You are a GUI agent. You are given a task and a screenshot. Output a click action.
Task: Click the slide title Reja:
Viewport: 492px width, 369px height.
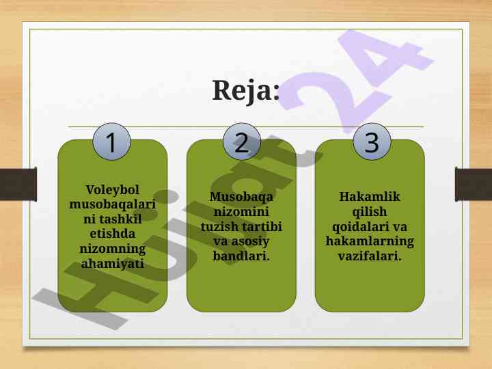click(x=246, y=91)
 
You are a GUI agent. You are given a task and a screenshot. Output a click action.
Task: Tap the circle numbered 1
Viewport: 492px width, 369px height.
click(x=111, y=142)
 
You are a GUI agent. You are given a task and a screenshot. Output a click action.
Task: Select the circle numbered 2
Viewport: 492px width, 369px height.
click(x=242, y=142)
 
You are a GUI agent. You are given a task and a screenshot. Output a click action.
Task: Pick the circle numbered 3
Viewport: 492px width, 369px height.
click(x=372, y=142)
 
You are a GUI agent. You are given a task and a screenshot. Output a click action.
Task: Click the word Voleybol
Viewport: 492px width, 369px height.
click(x=112, y=190)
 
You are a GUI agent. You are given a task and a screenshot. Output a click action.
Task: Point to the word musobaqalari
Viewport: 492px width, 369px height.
click(x=112, y=204)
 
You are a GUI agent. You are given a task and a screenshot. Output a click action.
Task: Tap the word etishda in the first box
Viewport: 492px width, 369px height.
click(x=112, y=234)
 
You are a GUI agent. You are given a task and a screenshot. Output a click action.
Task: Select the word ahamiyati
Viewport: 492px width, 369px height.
click(x=112, y=264)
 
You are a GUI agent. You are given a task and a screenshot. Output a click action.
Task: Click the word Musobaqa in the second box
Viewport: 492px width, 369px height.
click(x=241, y=197)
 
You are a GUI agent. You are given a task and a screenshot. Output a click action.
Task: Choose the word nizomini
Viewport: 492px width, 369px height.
click(x=241, y=211)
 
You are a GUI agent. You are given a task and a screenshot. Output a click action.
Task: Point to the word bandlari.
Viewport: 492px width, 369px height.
click(x=241, y=256)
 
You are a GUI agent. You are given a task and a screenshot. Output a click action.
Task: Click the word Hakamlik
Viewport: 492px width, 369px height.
click(x=370, y=196)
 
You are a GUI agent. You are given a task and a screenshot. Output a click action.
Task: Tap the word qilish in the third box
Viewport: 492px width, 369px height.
click(x=370, y=212)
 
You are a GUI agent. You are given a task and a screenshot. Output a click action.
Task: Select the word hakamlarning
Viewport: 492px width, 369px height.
click(x=370, y=241)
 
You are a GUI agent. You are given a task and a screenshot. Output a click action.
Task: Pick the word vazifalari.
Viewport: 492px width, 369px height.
click(x=370, y=256)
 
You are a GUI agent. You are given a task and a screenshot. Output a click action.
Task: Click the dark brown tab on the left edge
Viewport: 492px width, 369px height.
click(x=18, y=184)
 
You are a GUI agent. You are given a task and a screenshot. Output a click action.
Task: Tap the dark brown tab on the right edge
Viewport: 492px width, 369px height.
click(x=474, y=184)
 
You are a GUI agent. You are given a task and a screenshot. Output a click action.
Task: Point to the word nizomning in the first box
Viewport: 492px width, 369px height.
click(x=112, y=249)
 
